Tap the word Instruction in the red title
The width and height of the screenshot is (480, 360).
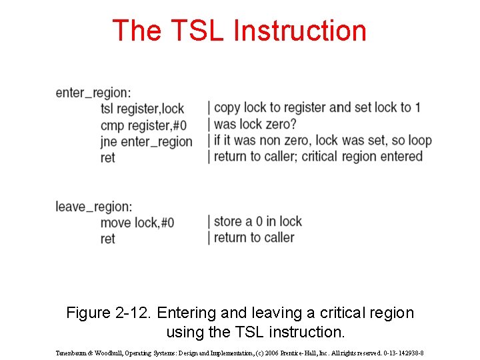(300, 31)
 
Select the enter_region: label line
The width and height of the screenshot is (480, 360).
(93, 92)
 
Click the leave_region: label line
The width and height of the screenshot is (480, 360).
(94, 206)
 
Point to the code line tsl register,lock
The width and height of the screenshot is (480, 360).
(142, 108)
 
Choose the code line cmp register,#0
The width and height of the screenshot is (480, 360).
(143, 125)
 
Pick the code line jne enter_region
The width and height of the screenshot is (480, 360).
(146, 141)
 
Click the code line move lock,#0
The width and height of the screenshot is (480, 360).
(137, 222)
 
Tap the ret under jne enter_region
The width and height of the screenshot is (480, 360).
(107, 157)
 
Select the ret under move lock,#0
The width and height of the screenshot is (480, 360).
(107, 239)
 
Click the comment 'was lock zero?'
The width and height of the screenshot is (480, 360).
(255, 124)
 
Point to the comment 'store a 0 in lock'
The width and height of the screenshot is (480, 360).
(257, 221)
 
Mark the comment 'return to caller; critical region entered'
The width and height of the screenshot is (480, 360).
(318, 157)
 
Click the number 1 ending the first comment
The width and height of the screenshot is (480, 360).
(417, 107)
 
